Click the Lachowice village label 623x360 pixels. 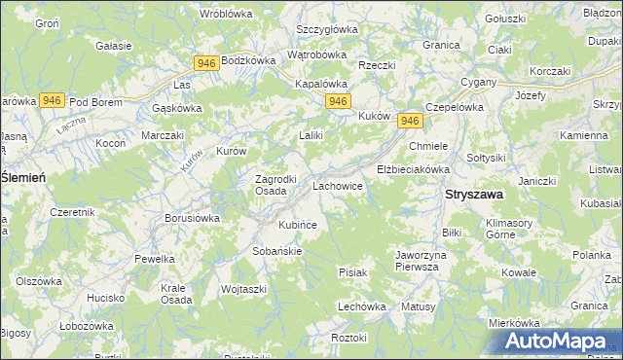point(337,185)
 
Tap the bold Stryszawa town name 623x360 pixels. point(473,195)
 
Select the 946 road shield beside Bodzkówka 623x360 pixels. point(205,63)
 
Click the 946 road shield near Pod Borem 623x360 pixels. point(53,100)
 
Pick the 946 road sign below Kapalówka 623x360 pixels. point(338,101)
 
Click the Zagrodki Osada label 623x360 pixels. point(256,185)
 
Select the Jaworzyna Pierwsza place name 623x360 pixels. point(421,261)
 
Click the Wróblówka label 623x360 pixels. point(226,14)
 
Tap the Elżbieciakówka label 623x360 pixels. point(413,168)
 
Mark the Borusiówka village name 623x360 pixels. point(192,219)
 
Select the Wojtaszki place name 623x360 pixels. point(243,289)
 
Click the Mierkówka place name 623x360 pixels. point(514,323)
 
